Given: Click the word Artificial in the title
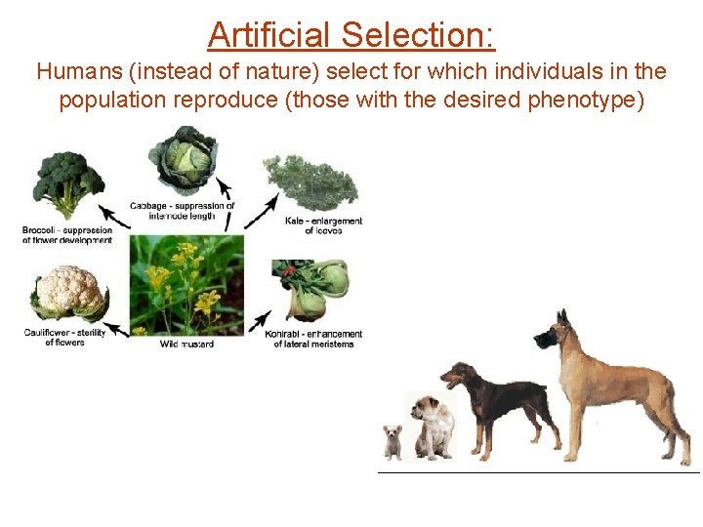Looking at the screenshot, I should point(270,36).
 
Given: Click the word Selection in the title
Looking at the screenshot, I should point(418,36).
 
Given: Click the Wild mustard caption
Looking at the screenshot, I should point(186,344).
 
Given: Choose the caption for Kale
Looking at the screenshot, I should point(323,225).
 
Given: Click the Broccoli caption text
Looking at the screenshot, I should point(67,235).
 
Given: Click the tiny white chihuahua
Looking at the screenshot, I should point(393,441).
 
